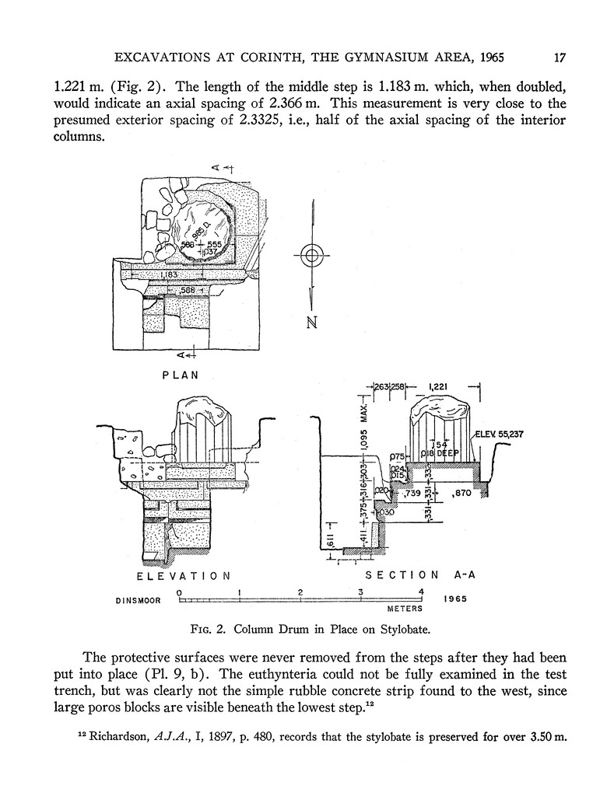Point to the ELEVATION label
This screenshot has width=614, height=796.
point(183,576)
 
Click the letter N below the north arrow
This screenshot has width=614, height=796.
point(312,324)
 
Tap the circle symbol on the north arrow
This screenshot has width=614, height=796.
point(311,255)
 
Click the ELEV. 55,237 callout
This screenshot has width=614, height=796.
point(497,435)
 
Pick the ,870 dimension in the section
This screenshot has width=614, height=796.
point(461,493)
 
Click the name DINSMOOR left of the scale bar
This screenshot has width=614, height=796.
point(137,600)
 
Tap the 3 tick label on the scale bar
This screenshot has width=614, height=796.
point(361,592)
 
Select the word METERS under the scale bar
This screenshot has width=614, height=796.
point(404,610)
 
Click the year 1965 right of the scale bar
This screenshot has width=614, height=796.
point(456,600)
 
